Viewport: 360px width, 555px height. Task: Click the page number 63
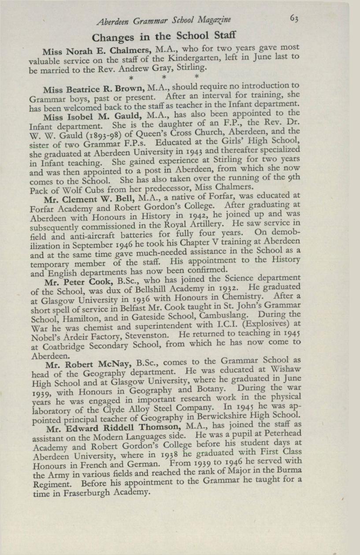[x=295, y=18]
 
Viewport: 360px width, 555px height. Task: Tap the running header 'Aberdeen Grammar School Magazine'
[x=164, y=21]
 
